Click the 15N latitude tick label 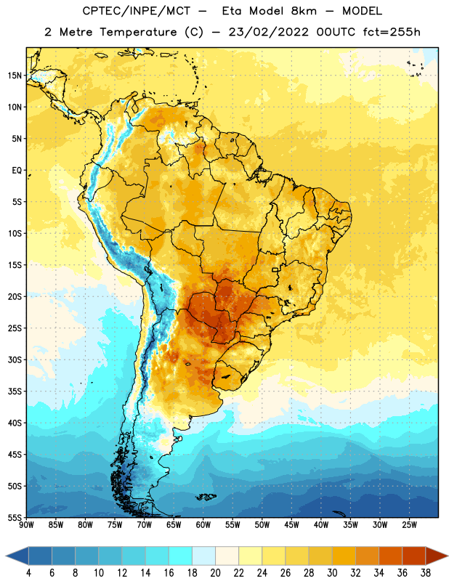point(15,76)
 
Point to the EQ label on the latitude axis point(17,171)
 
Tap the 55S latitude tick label point(15,517)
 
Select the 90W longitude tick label point(26,525)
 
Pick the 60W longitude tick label point(203,525)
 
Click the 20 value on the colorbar point(215,573)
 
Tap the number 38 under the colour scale point(426,573)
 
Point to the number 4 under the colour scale point(28,573)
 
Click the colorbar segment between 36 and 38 point(414,556)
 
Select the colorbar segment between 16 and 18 point(181,556)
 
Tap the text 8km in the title point(304,11)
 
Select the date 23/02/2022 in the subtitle point(268,32)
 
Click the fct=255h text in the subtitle point(392,32)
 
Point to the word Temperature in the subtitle point(138,32)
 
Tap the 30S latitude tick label point(15,359)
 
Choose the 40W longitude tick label point(321,525)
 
